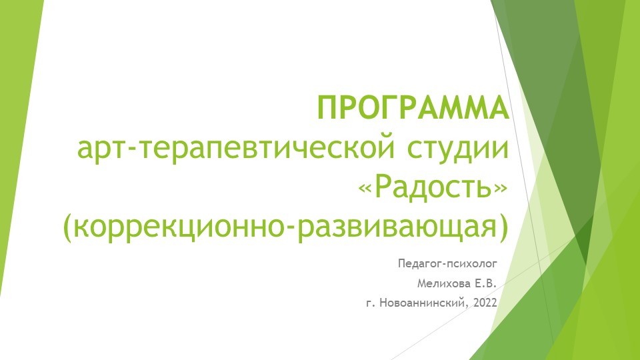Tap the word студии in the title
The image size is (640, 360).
click(453, 149)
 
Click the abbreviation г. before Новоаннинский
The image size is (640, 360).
click(371, 304)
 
